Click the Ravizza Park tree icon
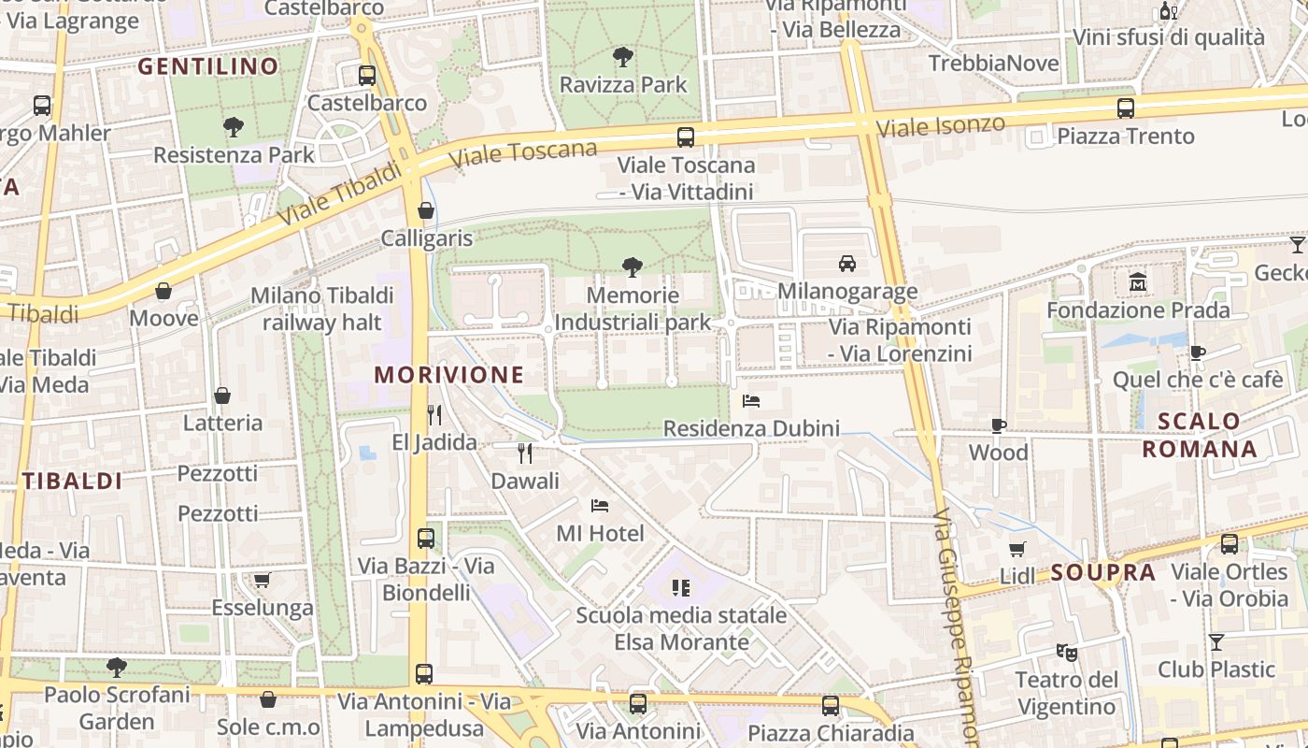point(623,57)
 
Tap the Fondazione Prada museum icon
point(1138,281)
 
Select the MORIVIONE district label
point(449,375)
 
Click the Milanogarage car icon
point(847,264)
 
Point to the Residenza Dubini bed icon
point(751,401)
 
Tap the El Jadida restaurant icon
point(434,414)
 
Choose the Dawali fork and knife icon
point(525,453)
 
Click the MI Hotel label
point(600,533)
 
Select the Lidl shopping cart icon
point(1017,549)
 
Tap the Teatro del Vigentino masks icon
point(1066,651)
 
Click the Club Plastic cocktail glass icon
point(1216,641)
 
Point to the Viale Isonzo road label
point(943,126)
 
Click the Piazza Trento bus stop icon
point(1126,108)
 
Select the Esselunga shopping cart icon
point(263,580)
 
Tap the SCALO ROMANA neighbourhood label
point(1200,435)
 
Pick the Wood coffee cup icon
point(998,425)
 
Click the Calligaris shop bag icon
point(426,210)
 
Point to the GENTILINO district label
point(208,66)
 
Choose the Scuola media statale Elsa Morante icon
point(681,587)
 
